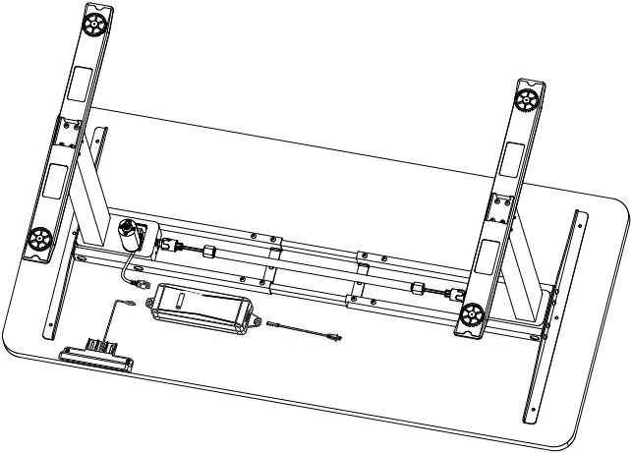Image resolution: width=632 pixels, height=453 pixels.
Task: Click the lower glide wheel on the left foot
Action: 41,238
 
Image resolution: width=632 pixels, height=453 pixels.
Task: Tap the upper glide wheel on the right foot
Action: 527,98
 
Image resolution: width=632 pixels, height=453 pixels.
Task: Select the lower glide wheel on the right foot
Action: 472,315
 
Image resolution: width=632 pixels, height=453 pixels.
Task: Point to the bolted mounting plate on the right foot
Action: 501,210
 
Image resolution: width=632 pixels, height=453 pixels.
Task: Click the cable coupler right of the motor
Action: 208,251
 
